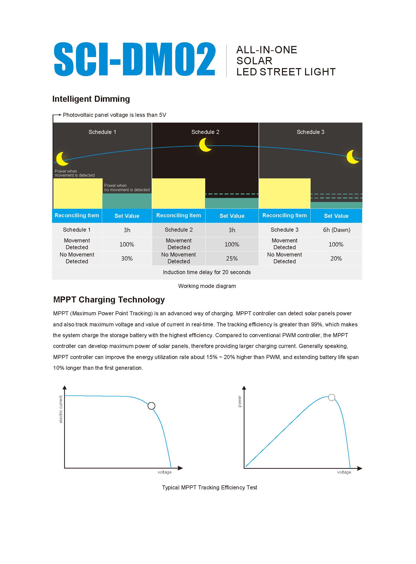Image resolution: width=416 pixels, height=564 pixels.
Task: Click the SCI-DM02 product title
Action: (135, 59)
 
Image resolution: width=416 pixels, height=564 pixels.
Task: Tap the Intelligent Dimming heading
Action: (91, 99)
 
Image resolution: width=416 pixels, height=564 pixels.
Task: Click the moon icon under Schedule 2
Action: (205, 145)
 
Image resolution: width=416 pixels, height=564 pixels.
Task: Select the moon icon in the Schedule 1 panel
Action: (62, 159)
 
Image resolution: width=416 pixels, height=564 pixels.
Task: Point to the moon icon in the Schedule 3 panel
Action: (353, 157)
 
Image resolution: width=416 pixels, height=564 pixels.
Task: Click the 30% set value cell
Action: (127, 258)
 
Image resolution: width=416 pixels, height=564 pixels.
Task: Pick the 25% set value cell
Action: (232, 258)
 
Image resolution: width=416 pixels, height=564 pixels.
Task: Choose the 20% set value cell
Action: (336, 258)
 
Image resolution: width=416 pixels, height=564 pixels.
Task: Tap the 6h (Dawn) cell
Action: (337, 230)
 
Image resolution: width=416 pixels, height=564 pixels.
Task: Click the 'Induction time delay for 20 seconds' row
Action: (207, 272)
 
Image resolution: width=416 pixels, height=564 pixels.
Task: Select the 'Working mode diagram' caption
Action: (207, 286)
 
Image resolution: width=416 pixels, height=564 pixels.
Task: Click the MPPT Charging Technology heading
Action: (109, 300)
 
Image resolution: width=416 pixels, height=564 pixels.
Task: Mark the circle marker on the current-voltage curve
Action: (151, 406)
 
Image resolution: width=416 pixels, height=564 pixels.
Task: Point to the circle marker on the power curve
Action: (332, 397)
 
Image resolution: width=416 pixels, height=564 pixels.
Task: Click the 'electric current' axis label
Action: (61, 409)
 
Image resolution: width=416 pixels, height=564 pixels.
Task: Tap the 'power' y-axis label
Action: (240, 401)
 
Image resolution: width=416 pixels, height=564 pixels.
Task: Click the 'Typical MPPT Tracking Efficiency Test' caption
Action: (209, 488)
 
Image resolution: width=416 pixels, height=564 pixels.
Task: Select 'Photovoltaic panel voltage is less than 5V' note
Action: (114, 115)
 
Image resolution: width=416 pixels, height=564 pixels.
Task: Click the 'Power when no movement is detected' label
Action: (127, 188)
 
